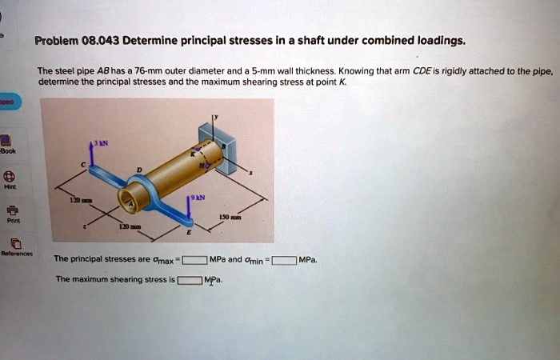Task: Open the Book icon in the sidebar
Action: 6,142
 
